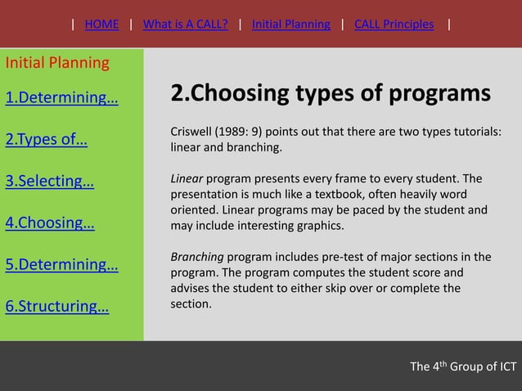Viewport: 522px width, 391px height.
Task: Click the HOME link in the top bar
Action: (x=101, y=24)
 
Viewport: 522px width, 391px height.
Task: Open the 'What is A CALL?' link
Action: (x=185, y=24)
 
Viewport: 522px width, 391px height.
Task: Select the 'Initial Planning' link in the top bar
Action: (x=290, y=24)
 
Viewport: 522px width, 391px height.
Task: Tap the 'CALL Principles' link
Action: (x=394, y=24)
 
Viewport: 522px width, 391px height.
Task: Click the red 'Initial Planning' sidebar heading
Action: (x=57, y=63)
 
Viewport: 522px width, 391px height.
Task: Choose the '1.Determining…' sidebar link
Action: (x=61, y=99)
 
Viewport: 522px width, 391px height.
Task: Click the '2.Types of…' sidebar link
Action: (x=47, y=139)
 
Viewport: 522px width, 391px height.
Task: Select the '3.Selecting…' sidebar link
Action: (x=50, y=181)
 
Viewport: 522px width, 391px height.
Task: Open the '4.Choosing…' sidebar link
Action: (x=50, y=222)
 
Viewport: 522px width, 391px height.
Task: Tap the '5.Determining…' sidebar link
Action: (x=61, y=265)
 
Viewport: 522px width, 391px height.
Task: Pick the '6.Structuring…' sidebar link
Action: (x=57, y=307)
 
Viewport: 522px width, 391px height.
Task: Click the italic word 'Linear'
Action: (x=186, y=179)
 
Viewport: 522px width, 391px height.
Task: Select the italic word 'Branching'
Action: (x=196, y=257)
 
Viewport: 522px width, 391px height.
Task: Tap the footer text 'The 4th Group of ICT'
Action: (x=462, y=366)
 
